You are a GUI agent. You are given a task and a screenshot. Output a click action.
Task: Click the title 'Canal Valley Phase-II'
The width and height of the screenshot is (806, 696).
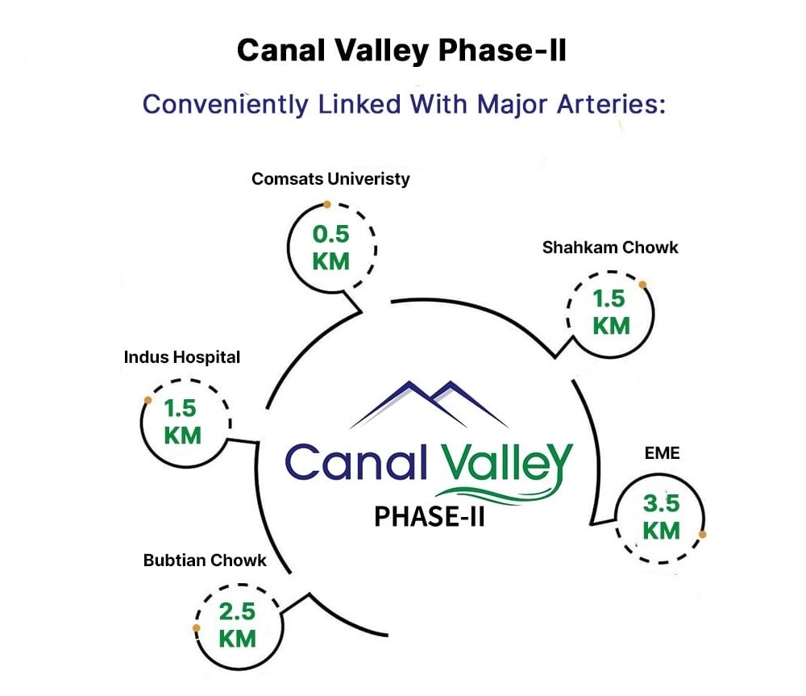click(401, 51)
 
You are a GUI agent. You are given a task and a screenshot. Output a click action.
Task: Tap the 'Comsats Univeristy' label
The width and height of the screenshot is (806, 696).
click(330, 179)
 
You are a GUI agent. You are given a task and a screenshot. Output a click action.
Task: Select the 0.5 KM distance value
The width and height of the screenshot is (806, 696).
click(331, 248)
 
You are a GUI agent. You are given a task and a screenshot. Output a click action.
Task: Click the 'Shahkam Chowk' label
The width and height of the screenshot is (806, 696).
click(610, 248)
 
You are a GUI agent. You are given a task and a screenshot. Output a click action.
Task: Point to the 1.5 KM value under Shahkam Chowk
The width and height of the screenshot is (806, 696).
click(611, 312)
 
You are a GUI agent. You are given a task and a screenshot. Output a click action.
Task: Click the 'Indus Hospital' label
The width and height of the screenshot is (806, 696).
click(182, 357)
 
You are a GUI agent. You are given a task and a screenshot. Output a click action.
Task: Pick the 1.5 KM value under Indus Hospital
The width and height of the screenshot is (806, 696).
click(182, 422)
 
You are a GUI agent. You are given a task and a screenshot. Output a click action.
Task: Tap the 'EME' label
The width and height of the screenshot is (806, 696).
click(662, 453)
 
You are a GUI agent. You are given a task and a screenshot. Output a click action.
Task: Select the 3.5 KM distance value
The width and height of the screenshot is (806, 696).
click(661, 516)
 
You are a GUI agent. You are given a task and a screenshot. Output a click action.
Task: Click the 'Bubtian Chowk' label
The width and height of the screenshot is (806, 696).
click(205, 561)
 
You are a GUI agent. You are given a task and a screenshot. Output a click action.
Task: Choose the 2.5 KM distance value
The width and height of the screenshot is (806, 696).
click(237, 625)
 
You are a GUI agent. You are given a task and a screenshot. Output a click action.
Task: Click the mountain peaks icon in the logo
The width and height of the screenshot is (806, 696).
click(430, 404)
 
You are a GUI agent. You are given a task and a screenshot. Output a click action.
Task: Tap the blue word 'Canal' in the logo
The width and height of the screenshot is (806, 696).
click(355, 461)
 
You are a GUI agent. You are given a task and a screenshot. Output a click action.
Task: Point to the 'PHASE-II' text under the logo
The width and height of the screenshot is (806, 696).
click(430, 516)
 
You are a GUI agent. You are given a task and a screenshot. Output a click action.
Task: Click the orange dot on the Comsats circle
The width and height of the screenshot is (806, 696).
click(327, 205)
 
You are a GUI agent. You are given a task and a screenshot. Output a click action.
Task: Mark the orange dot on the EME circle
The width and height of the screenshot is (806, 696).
click(703, 535)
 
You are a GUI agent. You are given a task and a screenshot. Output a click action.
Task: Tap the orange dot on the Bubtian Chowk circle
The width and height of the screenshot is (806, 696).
click(196, 627)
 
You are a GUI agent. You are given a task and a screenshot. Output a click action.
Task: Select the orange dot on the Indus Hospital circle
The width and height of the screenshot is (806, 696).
click(147, 400)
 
